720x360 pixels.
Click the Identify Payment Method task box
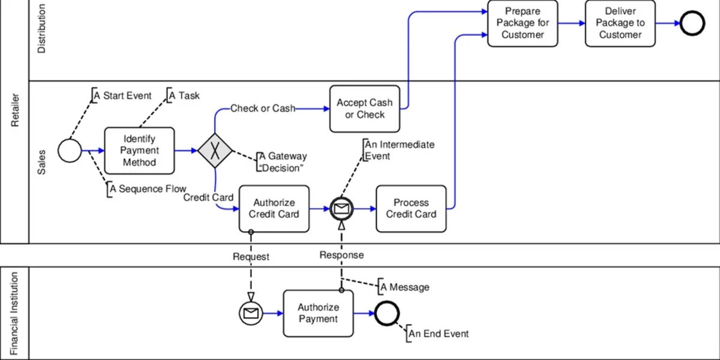[x=139, y=151]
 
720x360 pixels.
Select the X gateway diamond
[x=215, y=150]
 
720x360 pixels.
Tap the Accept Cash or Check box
[x=365, y=109]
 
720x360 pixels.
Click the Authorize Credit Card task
[x=274, y=208]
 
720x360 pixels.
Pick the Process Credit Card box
[x=411, y=208]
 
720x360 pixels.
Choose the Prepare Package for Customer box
[x=523, y=23]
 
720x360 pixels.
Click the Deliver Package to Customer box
[x=620, y=23]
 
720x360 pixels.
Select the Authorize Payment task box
[x=318, y=313]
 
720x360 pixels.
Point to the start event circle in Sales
[x=70, y=150]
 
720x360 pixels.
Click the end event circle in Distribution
[x=692, y=23]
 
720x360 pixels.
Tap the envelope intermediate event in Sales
[x=341, y=208]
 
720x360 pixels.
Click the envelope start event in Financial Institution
[x=251, y=313]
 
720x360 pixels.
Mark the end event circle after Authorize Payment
[x=386, y=313]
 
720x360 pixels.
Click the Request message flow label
[x=251, y=257]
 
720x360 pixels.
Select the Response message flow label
[x=341, y=255]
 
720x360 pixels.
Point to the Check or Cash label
[x=263, y=109]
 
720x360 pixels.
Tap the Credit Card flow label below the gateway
[x=208, y=197]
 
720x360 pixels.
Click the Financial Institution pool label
[x=16, y=313]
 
